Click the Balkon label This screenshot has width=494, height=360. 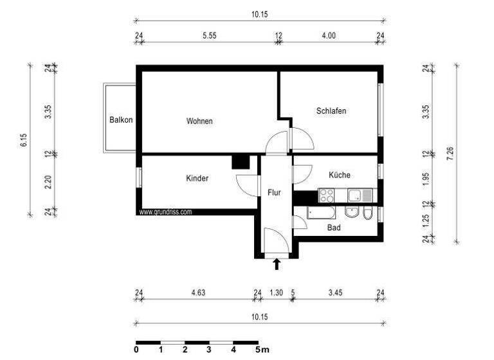click(x=121, y=120)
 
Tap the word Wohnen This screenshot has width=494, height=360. click(x=199, y=121)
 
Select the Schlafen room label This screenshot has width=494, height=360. click(x=331, y=111)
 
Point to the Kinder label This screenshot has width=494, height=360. click(x=197, y=178)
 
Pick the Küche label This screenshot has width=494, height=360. click(x=339, y=175)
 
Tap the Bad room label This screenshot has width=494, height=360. click(x=333, y=227)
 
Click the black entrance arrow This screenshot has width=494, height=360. click(x=277, y=263)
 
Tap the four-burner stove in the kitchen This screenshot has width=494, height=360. click(x=326, y=194)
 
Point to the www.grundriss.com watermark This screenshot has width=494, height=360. click(x=166, y=212)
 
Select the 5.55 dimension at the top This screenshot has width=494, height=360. click(x=208, y=36)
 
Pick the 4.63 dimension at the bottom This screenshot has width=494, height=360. click(x=198, y=293)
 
